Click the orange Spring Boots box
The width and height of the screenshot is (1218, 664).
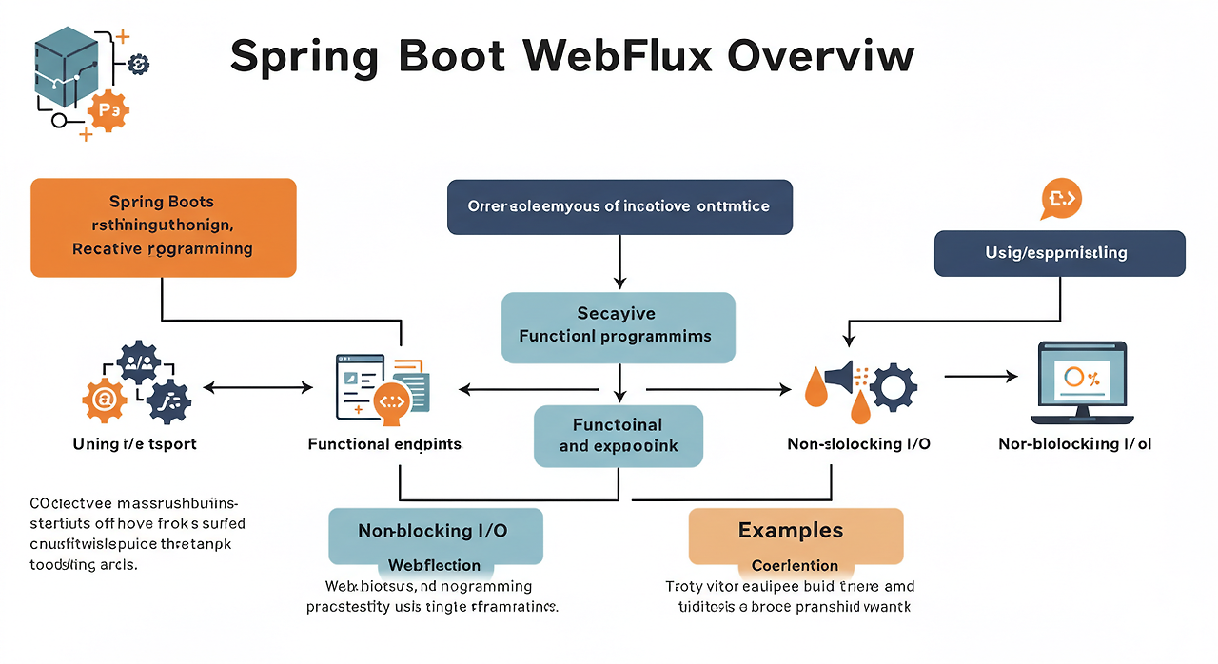(163, 227)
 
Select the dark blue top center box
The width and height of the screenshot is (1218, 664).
(619, 206)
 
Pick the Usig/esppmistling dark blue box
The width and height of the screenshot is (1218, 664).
(1059, 253)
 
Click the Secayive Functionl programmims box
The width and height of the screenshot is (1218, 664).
(619, 326)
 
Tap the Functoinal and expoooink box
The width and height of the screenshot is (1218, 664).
(619, 436)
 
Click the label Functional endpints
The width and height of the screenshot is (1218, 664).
(384, 444)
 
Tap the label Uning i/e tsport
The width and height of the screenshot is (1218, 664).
(135, 444)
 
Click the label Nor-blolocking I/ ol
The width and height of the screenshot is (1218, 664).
(1075, 444)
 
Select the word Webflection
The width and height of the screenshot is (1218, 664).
(434, 565)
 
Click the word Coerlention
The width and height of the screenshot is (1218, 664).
(795, 565)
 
